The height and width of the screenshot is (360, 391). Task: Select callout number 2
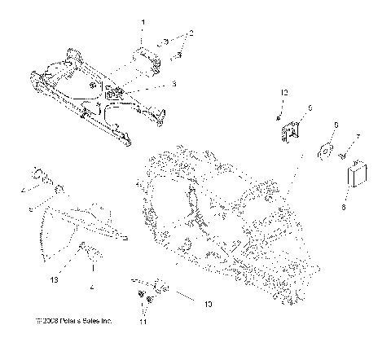click(x=191, y=33)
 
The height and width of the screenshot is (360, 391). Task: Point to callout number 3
click(x=173, y=84)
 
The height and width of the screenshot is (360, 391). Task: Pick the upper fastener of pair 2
click(x=165, y=41)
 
